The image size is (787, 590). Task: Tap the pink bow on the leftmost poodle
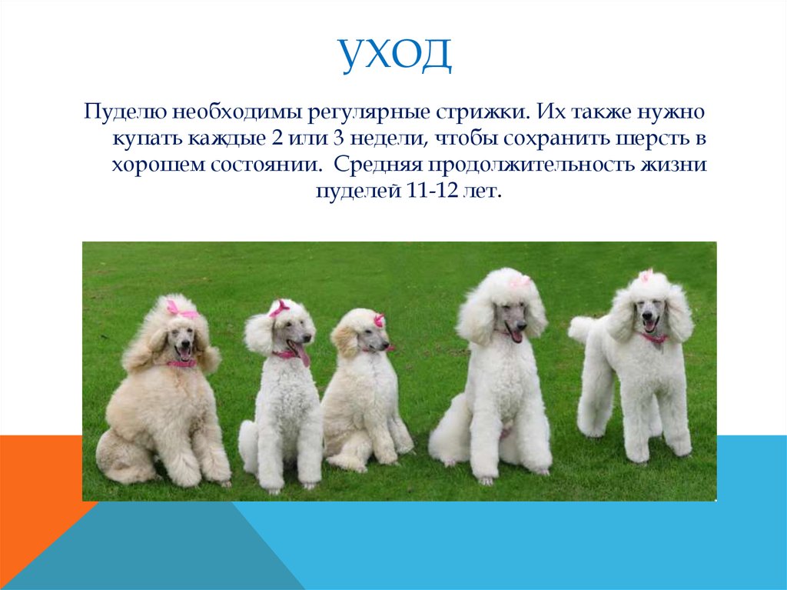click(181, 309)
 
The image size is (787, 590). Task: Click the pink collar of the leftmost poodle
click(182, 363)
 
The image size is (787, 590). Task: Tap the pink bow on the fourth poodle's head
click(520, 281)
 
